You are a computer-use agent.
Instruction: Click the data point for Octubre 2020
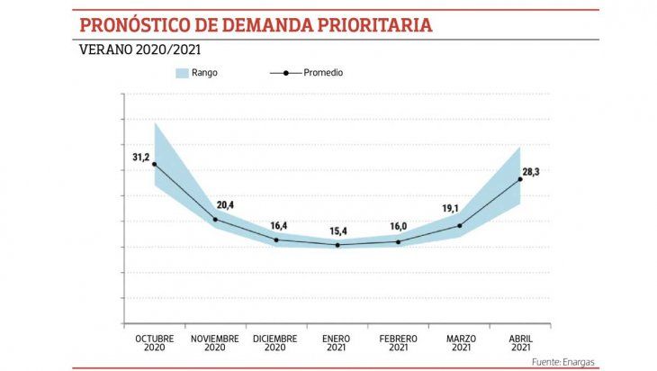point(154,164)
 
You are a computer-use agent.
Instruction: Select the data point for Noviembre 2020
point(215,220)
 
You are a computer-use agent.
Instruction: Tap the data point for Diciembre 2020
point(276,240)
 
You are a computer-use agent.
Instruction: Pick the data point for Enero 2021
point(337,245)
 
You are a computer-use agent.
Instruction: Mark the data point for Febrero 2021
point(398,241)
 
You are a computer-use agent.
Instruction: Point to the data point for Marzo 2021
point(459,226)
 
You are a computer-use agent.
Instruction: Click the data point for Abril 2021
point(519,179)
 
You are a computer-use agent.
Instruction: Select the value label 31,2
point(140,158)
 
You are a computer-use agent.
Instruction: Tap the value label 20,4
point(225,205)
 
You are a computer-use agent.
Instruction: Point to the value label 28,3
point(531,171)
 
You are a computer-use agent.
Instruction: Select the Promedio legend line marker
point(285,73)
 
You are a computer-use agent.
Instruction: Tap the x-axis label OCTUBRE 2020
point(155,343)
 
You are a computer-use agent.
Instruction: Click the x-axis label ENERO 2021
point(337,343)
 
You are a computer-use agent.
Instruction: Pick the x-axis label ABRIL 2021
point(520,343)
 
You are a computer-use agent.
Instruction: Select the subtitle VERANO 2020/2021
point(140,50)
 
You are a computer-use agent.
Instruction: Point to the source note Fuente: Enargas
point(563,362)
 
